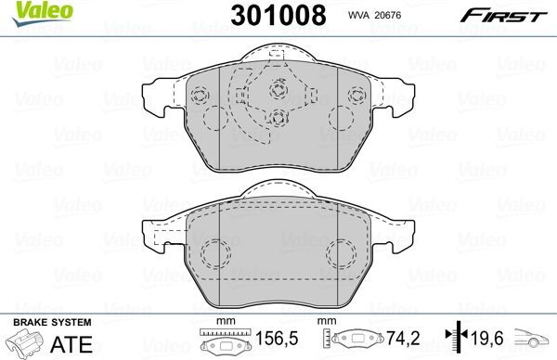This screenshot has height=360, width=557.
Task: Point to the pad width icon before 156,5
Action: coord(221,342)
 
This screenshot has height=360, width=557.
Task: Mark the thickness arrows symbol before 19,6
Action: coord(455,341)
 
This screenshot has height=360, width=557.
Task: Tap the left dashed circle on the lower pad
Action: coord(217,251)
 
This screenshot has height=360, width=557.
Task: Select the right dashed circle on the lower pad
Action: coord(341,251)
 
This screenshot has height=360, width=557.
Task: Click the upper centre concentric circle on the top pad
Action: coord(279,91)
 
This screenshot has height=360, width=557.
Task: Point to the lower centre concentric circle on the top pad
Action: coord(279,118)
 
